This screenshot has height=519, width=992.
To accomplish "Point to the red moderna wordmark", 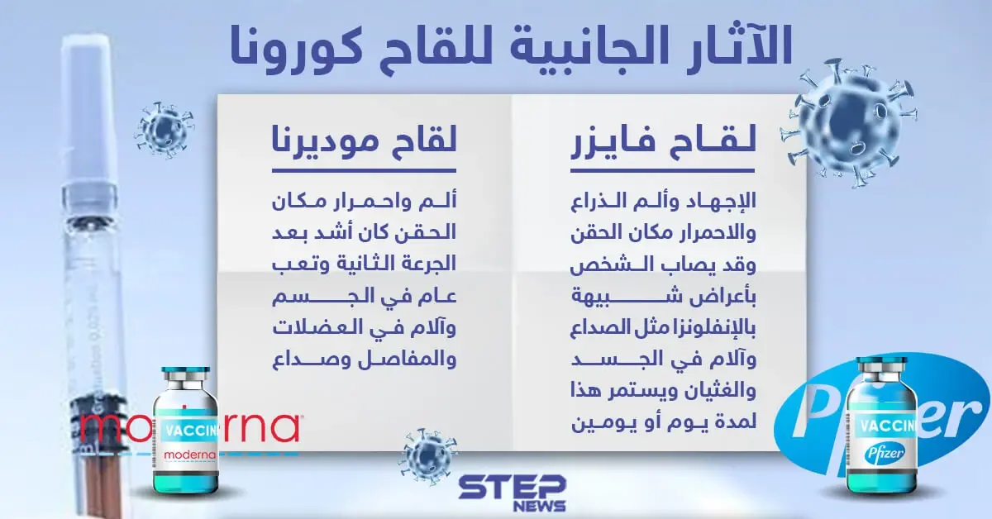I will click(189, 426).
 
